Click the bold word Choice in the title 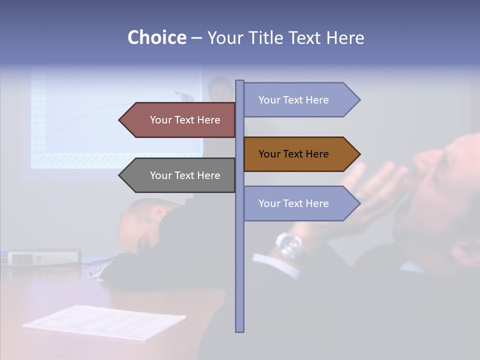(156, 37)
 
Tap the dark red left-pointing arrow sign (180, 120)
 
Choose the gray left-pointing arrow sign (180, 175)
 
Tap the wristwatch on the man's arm (289, 245)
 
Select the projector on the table (44, 257)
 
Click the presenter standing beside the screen (220, 115)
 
